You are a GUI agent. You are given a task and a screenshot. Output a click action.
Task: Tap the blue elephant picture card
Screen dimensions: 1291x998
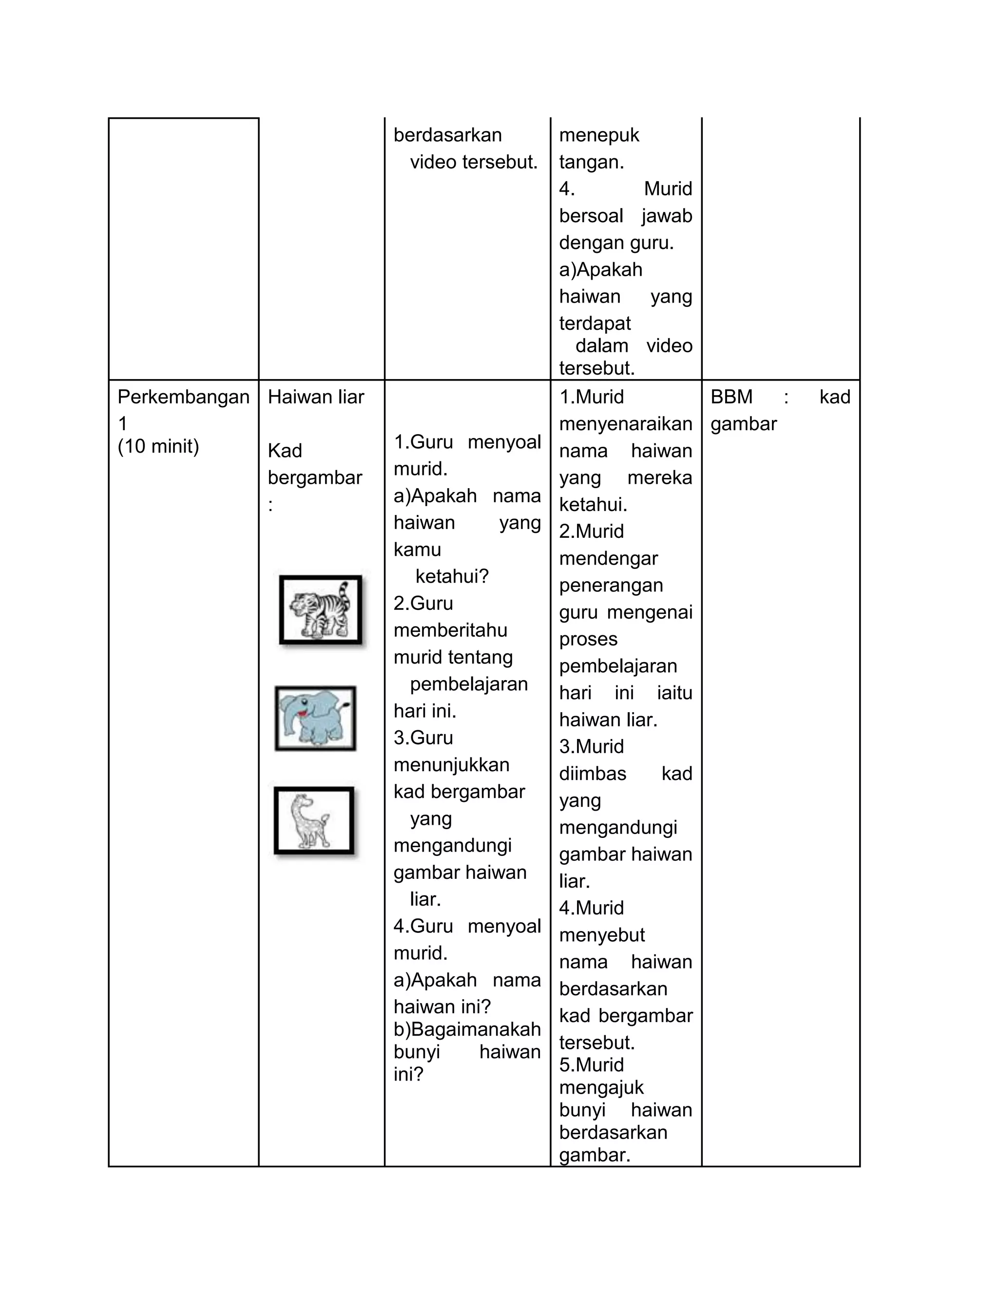tap(315, 718)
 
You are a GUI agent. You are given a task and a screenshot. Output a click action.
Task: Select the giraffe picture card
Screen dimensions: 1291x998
tap(314, 820)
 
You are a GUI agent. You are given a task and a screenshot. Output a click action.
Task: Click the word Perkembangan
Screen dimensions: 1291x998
tap(183, 397)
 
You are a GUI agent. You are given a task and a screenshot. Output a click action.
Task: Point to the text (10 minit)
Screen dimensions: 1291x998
tap(158, 446)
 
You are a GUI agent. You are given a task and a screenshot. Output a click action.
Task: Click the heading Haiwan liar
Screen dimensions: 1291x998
tap(316, 397)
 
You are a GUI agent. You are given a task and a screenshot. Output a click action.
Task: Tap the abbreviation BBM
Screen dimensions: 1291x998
tap(731, 397)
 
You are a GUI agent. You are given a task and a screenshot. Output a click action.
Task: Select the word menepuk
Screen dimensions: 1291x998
tap(599, 135)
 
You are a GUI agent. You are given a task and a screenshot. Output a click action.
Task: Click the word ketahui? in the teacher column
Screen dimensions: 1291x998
tap(452, 576)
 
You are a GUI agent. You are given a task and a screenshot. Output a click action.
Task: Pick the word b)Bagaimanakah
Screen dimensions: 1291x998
tap(467, 1029)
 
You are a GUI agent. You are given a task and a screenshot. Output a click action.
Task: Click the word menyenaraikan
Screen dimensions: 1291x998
tap(626, 424)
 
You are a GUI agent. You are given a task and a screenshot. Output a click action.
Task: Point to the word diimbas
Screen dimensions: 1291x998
tap(593, 773)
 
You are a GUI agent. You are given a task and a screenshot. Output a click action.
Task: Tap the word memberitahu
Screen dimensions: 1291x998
tap(451, 630)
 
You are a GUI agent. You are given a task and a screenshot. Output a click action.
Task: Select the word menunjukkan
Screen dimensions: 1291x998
tap(451, 765)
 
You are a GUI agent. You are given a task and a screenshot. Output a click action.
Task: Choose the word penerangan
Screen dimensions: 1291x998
tap(611, 585)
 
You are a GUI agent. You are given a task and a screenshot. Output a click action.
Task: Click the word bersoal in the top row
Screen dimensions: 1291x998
tap(591, 216)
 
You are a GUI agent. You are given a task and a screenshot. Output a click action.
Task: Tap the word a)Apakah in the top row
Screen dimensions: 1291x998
tap(601, 269)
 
